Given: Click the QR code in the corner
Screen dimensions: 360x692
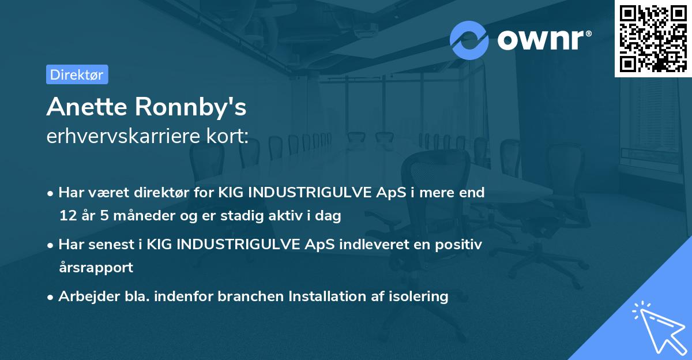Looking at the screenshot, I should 653,38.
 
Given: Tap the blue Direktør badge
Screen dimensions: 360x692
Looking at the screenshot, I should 77,74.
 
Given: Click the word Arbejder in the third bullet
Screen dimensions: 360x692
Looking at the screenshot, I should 84,296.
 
